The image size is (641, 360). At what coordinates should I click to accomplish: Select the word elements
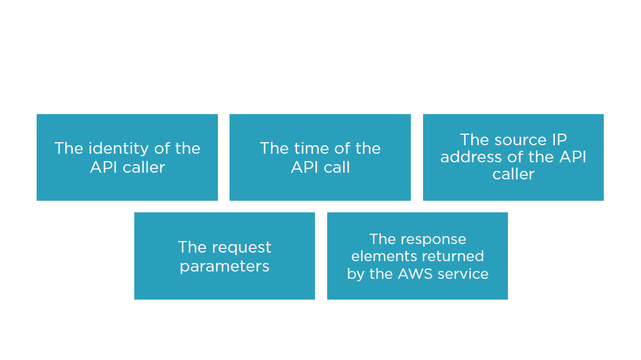coord(380,256)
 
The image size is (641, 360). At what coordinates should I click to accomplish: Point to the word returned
coord(449,256)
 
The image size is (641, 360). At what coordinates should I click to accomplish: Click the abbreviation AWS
coord(415,274)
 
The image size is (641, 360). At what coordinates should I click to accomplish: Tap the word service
coord(463,274)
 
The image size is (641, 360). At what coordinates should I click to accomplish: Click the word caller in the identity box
coord(142,168)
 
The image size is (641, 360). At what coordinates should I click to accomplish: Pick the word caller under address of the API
coord(513,175)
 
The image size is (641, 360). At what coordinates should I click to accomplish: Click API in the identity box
coord(102,168)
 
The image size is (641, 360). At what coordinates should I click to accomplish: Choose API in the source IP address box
coord(574,157)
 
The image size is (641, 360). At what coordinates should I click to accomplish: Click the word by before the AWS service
coord(356,274)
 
